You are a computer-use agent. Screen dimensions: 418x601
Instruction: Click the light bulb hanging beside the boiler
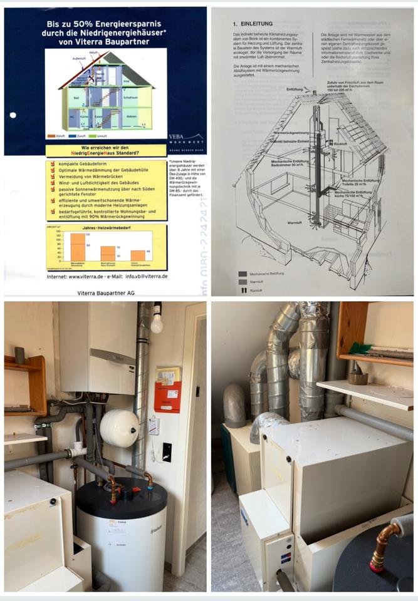(x=156, y=322)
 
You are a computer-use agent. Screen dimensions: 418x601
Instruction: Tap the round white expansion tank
(x=119, y=428)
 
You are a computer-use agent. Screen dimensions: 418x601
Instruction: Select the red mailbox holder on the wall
(x=167, y=395)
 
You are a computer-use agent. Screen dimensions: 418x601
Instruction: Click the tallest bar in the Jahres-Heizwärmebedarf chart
(x=78, y=247)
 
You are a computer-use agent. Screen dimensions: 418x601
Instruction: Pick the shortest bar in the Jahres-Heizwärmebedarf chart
(x=138, y=255)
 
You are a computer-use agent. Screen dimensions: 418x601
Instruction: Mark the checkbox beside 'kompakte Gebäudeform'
(x=53, y=164)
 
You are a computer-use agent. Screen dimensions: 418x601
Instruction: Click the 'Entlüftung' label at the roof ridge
(x=295, y=90)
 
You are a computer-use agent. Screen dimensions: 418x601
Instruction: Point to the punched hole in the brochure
(x=13, y=115)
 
